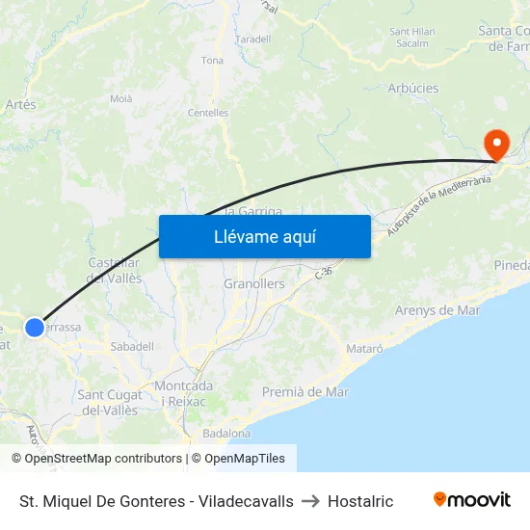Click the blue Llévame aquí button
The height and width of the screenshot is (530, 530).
coord(264,236)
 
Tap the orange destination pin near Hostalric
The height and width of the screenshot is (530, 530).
coord(497,145)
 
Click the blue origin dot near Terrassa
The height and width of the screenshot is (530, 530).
coord(35,328)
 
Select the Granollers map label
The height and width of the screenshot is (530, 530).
coord(254,284)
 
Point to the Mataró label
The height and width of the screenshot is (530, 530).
coord(364,347)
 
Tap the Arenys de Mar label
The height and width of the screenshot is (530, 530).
coord(437,310)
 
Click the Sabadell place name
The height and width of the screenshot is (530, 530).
coord(132,346)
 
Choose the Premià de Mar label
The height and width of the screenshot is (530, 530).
coord(305,392)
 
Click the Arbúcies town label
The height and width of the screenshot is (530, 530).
coord(412,88)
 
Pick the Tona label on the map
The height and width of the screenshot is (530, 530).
coord(212,61)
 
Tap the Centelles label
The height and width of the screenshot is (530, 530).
coord(208,113)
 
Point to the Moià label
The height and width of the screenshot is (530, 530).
coord(121,98)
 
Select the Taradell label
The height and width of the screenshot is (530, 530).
coord(253,40)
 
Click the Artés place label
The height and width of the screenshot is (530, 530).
coord(20,104)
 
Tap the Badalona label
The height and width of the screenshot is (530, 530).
coord(226,434)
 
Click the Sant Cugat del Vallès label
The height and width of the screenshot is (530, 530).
coord(111,402)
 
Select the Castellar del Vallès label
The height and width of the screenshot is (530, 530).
coord(115,270)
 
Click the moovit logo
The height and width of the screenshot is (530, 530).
coord(472,500)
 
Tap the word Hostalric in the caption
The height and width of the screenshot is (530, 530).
coord(360,501)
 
